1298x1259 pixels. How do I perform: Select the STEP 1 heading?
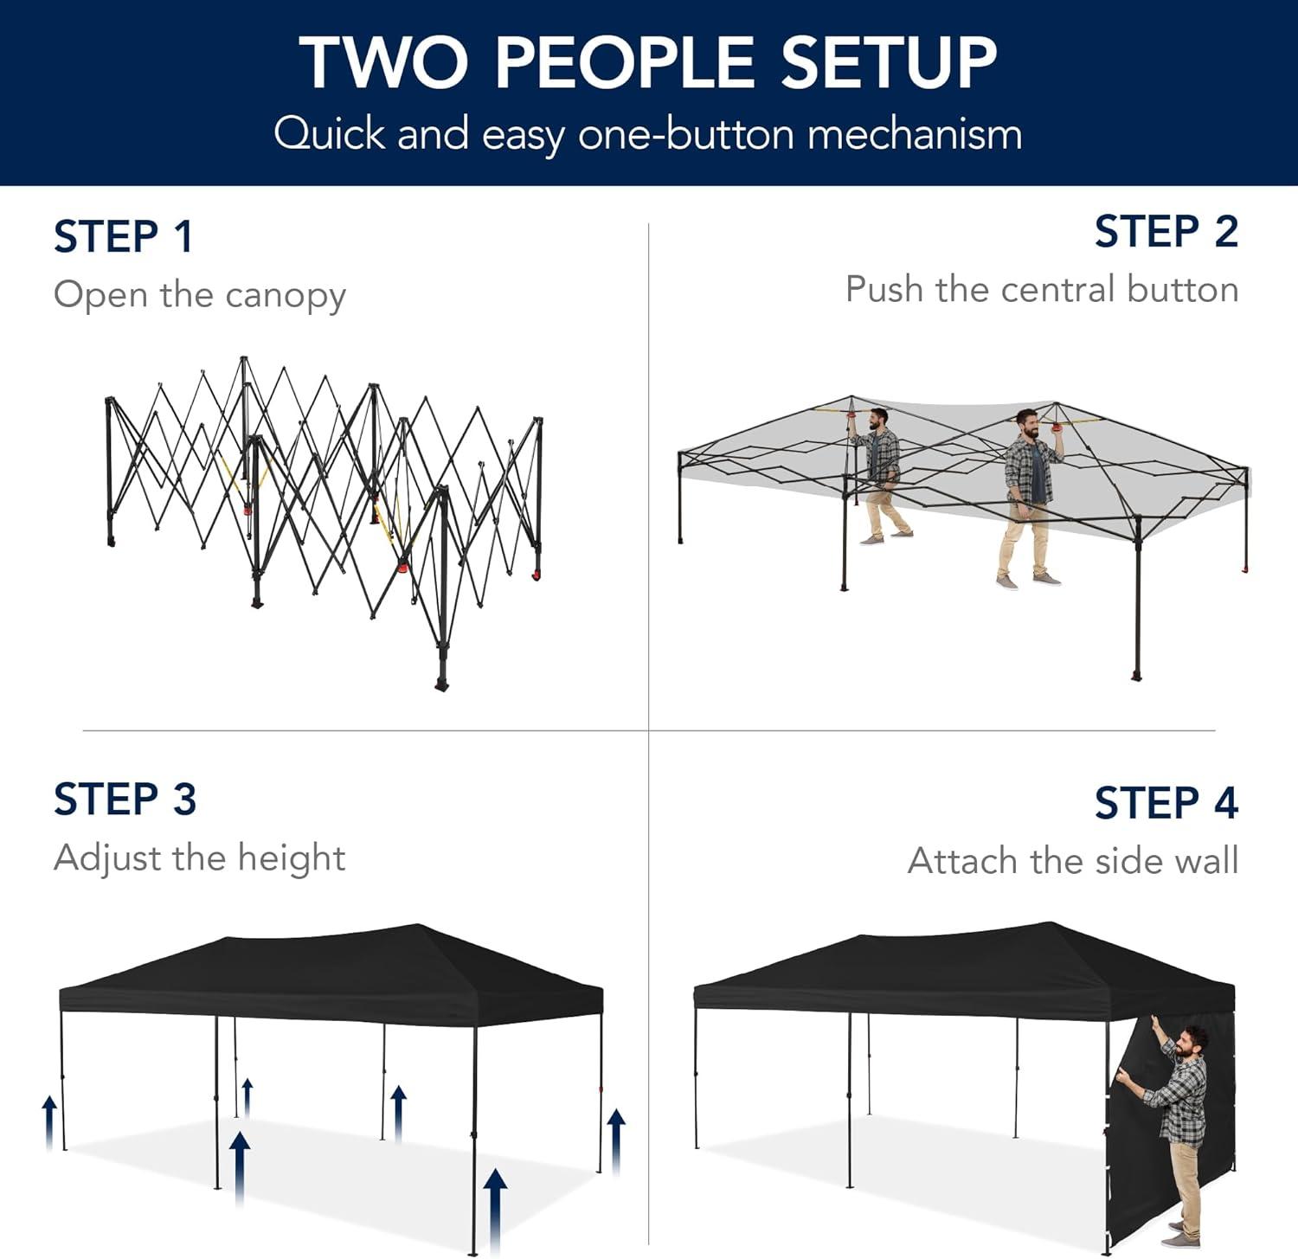[123, 237]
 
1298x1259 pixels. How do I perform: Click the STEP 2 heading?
[1166, 232]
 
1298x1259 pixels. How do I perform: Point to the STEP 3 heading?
[125, 799]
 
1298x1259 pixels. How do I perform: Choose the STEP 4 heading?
[1166, 803]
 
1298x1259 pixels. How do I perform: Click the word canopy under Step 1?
[286, 297]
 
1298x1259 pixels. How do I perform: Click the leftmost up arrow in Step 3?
[50, 1122]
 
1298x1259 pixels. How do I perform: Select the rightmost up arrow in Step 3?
[616, 1141]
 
